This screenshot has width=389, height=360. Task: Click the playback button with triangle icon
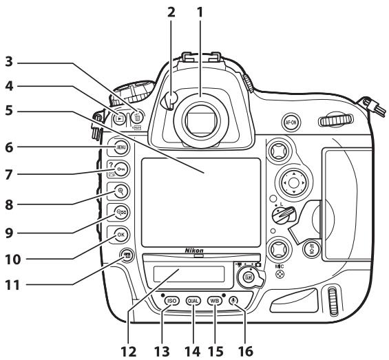pyautogui.click(x=120, y=118)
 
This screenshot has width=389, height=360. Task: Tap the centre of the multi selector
pyautogui.click(x=293, y=183)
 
